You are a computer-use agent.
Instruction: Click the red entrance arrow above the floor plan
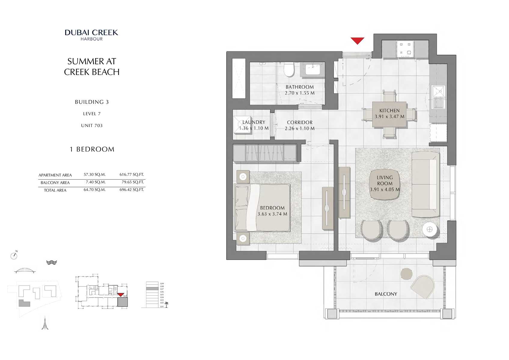click(x=357, y=40)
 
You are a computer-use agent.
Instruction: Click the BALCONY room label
click(x=386, y=294)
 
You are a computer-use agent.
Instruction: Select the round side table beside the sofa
click(x=430, y=230)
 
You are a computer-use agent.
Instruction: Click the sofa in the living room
click(x=425, y=184)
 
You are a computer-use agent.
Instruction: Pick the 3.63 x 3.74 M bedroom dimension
click(x=272, y=214)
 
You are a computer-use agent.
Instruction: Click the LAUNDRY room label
click(x=254, y=122)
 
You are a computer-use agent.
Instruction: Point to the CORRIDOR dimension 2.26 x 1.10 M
click(x=300, y=128)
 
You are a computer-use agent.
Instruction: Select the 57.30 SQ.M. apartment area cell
click(x=94, y=174)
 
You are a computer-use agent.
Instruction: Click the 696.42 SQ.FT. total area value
click(x=132, y=190)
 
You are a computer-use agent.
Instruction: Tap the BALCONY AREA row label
click(x=55, y=183)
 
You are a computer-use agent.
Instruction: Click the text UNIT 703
click(x=92, y=125)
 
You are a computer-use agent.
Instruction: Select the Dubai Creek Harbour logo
click(x=91, y=35)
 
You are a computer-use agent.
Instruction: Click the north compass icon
click(x=14, y=256)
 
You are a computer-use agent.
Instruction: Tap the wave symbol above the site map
click(x=52, y=263)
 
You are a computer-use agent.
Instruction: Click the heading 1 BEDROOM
click(x=92, y=149)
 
